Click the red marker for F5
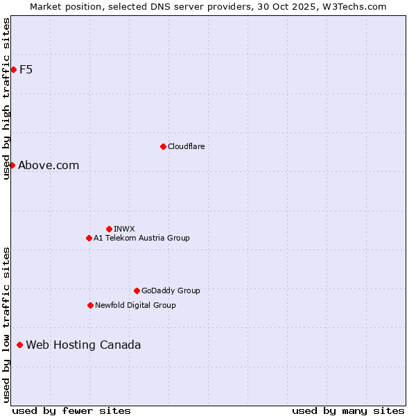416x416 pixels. [13, 69]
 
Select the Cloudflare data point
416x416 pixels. [163, 146]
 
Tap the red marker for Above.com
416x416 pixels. [12, 165]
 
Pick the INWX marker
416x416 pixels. [109, 229]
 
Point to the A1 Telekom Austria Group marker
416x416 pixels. [89, 238]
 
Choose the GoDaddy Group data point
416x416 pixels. [137, 291]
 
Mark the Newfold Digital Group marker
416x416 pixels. [90, 305]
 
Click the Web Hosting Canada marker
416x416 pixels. [19, 345]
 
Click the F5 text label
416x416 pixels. [26, 69]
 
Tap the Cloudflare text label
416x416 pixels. [186, 146]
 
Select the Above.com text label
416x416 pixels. [49, 165]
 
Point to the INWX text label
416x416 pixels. [124, 229]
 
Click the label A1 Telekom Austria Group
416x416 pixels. [141, 238]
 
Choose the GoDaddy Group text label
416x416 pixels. [171, 291]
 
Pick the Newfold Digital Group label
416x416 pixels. [135, 305]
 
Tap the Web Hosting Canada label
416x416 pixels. [83, 345]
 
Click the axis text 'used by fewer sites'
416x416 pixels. [71, 410]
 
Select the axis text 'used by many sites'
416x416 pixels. [348, 410]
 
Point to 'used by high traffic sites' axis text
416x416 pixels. [6, 98]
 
